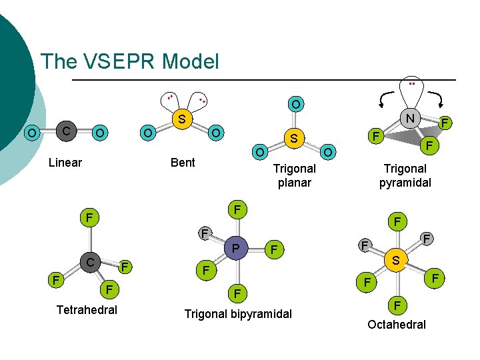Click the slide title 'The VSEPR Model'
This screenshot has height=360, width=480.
[130, 62]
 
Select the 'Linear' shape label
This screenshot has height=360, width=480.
[65, 163]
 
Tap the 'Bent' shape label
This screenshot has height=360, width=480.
[183, 163]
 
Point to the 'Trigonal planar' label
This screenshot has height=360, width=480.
[294, 175]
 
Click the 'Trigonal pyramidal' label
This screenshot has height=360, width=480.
[405, 175]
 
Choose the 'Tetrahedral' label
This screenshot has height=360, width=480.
[87, 310]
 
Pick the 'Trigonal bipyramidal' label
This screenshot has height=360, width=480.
[238, 313]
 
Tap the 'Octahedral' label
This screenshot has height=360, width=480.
[397, 324]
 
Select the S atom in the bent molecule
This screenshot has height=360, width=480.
[181, 120]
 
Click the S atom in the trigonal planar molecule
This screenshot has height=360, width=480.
[294, 138]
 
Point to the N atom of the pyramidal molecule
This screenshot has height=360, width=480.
[411, 119]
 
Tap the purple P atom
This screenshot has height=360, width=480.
[234, 249]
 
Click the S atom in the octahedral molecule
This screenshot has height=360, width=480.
[395, 261]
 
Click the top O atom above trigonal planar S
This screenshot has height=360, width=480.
[295, 104]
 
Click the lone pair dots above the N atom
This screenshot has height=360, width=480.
[412, 85]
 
